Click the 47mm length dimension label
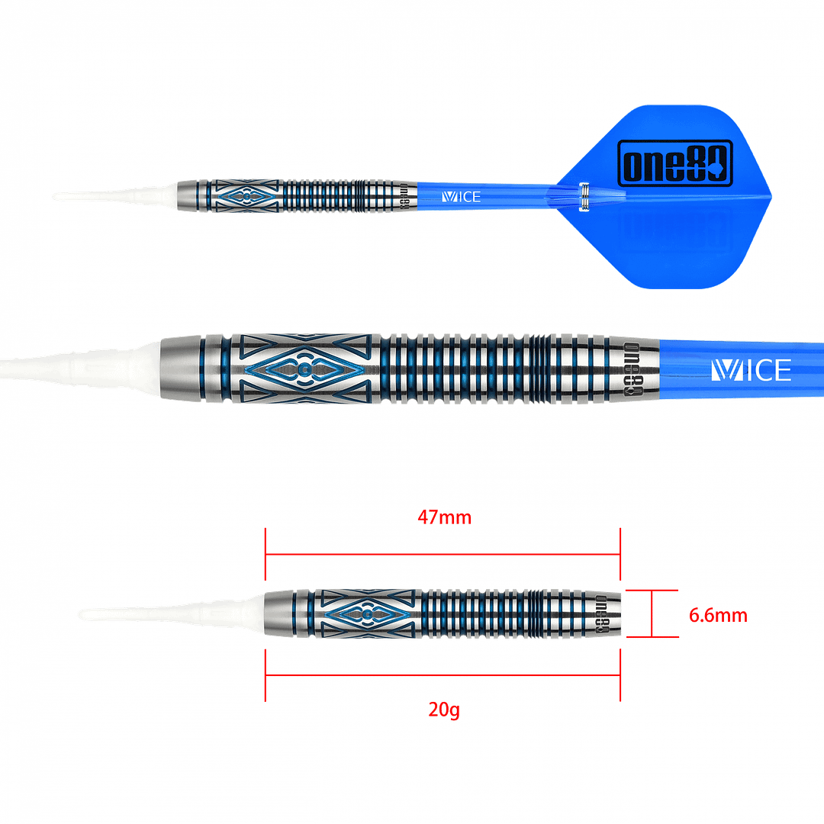click(x=444, y=517)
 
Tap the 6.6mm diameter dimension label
click(x=718, y=615)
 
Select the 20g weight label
click(x=443, y=711)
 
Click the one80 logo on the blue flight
click(x=674, y=163)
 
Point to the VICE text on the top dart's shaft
click(x=461, y=197)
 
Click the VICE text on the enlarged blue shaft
click(x=751, y=370)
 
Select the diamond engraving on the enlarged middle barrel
click(x=304, y=370)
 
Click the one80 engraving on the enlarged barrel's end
click(x=632, y=369)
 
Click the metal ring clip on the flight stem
click(x=583, y=197)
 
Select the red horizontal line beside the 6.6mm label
click(x=652, y=590)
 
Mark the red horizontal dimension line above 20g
click(x=443, y=674)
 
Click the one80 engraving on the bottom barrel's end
click(x=600, y=613)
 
